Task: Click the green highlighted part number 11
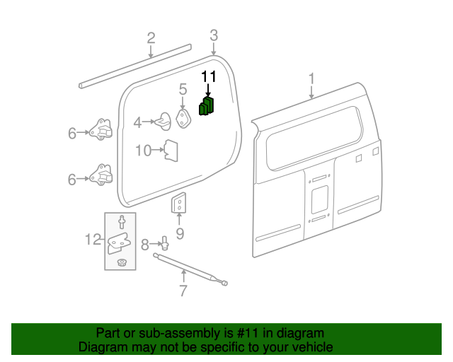[x=207, y=106]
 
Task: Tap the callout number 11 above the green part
[x=209, y=77]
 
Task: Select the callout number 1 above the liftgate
[x=311, y=78]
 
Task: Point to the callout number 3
[x=214, y=35]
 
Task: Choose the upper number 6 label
[x=72, y=133]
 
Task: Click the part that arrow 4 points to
[x=164, y=122]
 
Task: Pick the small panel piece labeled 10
[x=171, y=150]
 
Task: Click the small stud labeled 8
[x=164, y=245]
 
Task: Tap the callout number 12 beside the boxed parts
[x=93, y=240]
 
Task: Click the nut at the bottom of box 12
[x=122, y=263]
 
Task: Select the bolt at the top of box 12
[x=122, y=222]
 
